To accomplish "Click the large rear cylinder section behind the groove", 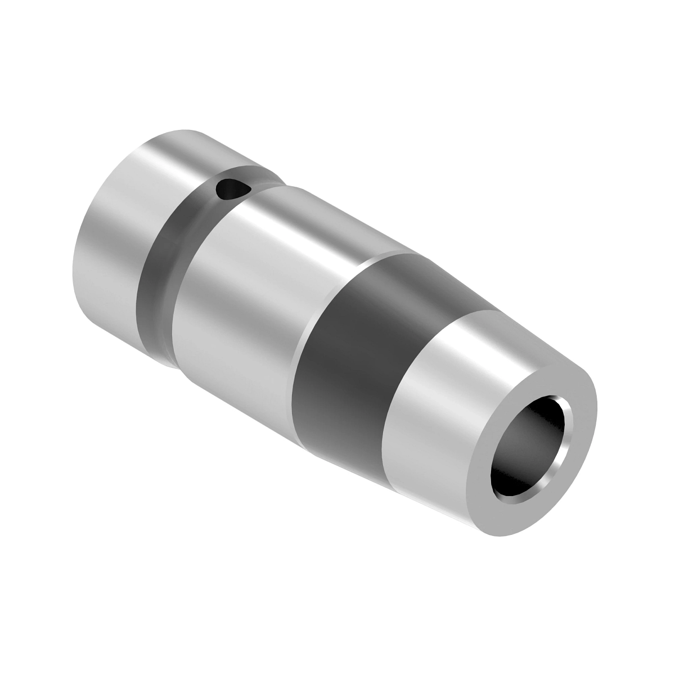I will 112,242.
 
